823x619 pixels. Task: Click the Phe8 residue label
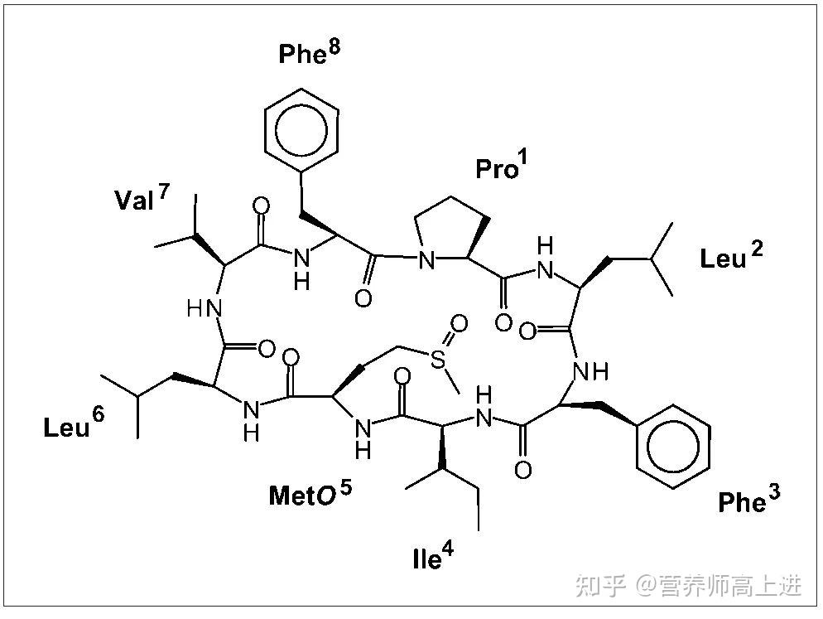309,54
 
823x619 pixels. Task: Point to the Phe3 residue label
748,501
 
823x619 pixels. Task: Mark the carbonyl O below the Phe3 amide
522,471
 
